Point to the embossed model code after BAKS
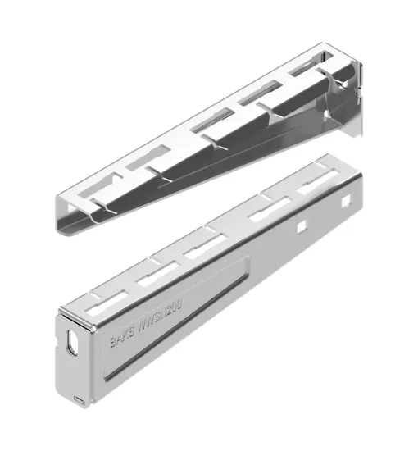tap(165, 314)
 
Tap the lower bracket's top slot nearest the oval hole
tap(104, 293)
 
